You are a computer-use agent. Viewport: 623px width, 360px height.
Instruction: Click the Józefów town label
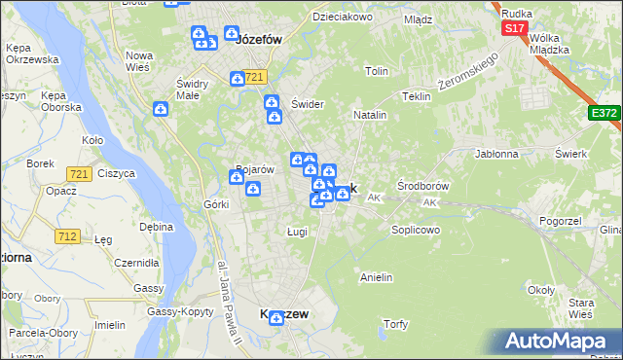click(x=259, y=40)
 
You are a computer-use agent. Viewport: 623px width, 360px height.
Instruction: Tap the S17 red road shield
click(x=515, y=29)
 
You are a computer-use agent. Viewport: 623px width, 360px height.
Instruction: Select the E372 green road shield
click(x=605, y=114)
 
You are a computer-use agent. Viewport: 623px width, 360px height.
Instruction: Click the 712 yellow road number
click(x=68, y=236)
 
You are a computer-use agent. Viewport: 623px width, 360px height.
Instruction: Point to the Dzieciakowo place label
click(x=343, y=17)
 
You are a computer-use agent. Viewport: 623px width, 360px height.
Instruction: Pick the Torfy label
click(x=396, y=323)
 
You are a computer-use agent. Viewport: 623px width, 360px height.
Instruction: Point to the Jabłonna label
click(x=496, y=154)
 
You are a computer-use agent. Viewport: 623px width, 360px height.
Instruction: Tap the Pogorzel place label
click(x=560, y=221)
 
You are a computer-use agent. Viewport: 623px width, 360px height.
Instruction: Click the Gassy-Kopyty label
click(x=180, y=311)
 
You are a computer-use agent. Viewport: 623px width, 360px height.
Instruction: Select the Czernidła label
click(x=136, y=263)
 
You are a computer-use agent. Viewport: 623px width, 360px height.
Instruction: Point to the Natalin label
click(x=370, y=115)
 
